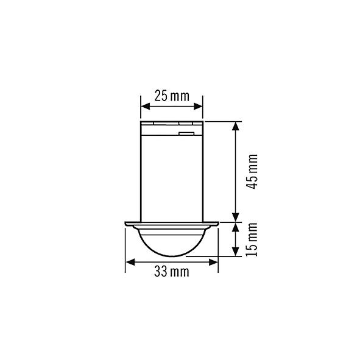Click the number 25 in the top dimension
[161, 96]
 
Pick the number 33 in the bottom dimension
[161, 272]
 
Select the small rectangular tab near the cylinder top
[186, 130]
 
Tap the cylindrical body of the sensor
[172, 174]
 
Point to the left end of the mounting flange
[126, 224]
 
